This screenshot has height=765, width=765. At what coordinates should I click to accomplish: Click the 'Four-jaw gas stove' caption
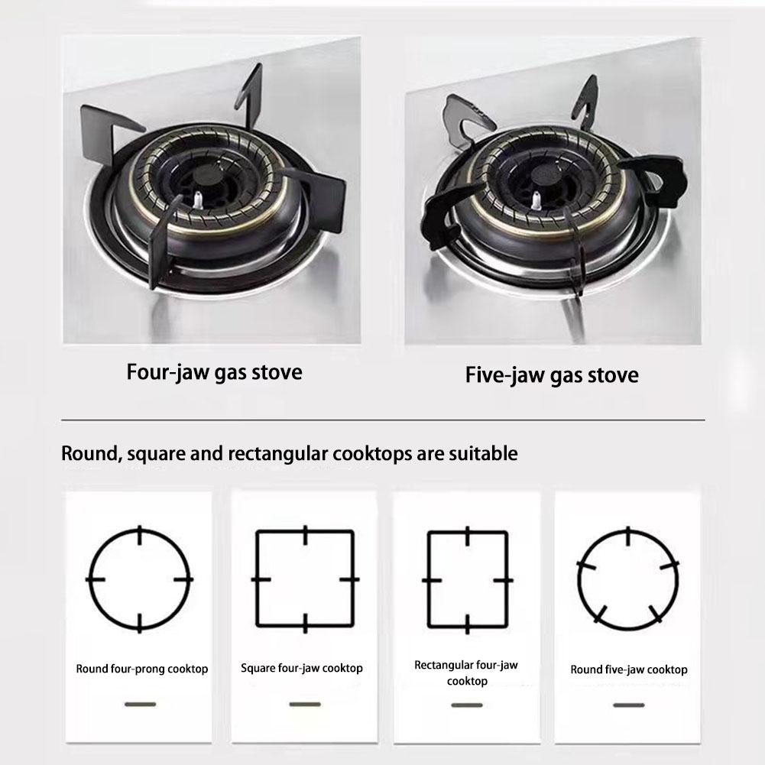click(x=214, y=373)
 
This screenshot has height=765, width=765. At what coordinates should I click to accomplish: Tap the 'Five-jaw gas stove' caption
click(x=552, y=375)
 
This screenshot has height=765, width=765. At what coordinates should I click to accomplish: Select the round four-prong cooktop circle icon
click(x=139, y=579)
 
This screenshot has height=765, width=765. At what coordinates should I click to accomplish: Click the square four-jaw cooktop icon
click(x=305, y=579)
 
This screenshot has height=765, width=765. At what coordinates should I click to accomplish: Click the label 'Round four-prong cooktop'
click(x=141, y=669)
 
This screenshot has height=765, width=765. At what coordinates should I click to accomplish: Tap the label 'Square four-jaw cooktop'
click(x=302, y=669)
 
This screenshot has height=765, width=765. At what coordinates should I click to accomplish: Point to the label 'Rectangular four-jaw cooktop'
click(x=466, y=673)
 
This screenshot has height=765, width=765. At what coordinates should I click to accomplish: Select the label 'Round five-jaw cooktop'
click(x=628, y=669)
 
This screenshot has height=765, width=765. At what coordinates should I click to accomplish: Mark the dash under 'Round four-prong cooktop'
click(x=140, y=704)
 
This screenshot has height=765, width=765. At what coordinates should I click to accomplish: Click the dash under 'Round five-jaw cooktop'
click(x=628, y=705)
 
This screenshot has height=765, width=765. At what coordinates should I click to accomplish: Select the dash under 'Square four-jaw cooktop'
click(x=305, y=704)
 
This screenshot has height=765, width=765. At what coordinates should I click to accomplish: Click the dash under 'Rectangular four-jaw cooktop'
click(x=466, y=705)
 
